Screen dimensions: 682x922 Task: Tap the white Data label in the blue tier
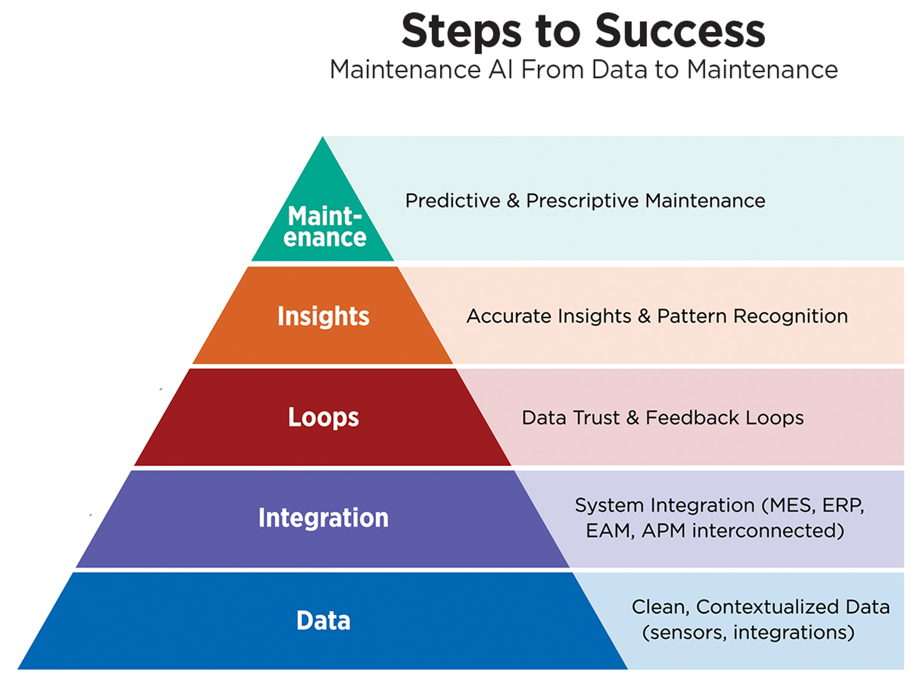point(323,620)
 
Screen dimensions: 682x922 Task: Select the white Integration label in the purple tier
point(323,518)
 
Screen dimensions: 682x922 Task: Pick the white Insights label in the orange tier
point(323,316)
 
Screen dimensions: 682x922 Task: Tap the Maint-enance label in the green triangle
point(324,227)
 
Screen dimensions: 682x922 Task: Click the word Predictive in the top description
point(453,201)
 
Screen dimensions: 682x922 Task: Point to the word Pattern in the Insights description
point(691,317)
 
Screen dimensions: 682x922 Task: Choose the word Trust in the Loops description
point(596,418)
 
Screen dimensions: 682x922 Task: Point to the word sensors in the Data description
point(685,633)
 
